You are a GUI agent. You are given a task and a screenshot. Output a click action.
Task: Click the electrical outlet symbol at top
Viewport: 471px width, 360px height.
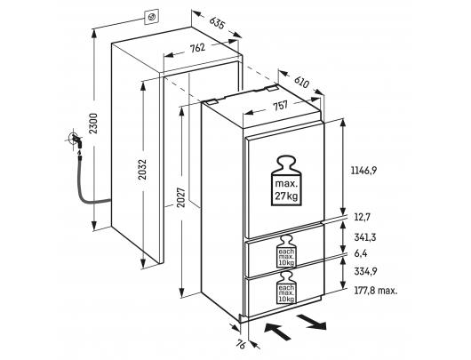pos(151,18)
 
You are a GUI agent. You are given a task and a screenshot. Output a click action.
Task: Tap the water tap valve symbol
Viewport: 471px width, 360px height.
pos(75,140)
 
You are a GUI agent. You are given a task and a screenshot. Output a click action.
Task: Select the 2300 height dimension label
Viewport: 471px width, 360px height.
pos(94,124)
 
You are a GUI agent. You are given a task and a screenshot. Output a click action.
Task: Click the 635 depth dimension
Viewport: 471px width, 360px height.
pos(217,23)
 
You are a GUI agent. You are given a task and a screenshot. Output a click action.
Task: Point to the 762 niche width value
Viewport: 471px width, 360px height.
pos(197,48)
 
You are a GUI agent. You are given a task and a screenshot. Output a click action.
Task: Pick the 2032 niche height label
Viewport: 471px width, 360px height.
pos(142,169)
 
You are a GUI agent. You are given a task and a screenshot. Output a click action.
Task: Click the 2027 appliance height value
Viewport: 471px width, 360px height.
pos(181,197)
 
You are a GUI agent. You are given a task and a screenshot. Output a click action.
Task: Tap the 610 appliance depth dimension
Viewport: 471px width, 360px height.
pos(301,82)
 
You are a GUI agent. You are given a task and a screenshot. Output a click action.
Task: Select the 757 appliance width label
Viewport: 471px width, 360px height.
pos(280,106)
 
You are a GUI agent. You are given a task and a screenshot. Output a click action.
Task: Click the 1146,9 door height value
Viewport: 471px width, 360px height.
pos(363,171)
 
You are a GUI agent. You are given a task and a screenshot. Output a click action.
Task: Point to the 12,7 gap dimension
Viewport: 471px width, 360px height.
pos(363,217)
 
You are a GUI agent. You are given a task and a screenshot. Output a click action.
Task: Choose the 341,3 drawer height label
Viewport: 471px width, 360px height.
pos(365,237)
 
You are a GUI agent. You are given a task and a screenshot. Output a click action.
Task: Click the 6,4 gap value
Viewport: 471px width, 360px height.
pos(361,253)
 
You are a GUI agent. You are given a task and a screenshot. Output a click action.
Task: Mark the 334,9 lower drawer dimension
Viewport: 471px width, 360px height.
pos(365,271)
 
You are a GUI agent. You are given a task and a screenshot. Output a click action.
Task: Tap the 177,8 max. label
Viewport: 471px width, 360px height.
pos(376,291)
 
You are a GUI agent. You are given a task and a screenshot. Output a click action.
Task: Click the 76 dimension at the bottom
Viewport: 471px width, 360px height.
pos(241,344)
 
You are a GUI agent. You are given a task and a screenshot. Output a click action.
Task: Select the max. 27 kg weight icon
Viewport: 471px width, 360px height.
pos(286,180)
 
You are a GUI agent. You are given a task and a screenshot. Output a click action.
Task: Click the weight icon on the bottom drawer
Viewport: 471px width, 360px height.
pos(286,288)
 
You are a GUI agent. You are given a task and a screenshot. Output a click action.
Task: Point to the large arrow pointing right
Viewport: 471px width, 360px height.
pos(312,322)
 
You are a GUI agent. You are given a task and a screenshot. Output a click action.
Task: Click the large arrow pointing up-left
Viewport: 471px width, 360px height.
pos(277,331)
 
